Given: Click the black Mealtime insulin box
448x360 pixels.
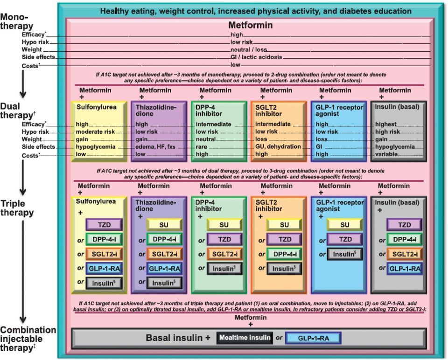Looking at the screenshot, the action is (245, 338).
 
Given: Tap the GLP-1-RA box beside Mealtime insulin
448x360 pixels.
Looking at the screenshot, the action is (313, 338).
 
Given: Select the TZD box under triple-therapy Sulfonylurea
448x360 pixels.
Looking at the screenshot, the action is (104, 225).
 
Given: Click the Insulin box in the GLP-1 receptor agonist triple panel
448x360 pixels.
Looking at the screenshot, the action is (345, 254).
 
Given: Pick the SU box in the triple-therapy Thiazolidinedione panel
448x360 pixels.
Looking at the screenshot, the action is (164, 225).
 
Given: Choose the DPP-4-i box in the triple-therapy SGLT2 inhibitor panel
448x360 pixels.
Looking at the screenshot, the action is (285, 254).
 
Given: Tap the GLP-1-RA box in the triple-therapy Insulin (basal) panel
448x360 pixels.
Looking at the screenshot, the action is (405, 269).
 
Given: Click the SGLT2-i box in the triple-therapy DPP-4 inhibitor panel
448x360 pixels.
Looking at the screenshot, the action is (224, 254).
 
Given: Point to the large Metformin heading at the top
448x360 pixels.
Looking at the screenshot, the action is (251, 25).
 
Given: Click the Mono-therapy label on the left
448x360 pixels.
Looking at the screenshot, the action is (17, 21).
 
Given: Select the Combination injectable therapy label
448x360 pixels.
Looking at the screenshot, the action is (28, 339).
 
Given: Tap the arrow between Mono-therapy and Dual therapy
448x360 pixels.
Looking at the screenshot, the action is (23, 84).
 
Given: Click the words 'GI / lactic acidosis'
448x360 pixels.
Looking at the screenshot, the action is (256, 57).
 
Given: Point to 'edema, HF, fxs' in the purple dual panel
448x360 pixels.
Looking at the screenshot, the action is (155, 147).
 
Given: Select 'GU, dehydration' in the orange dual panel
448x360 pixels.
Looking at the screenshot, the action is (278, 146).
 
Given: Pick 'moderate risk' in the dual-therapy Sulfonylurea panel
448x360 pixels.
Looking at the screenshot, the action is (95, 132).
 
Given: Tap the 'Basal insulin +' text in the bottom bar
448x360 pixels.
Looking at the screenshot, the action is (178, 338).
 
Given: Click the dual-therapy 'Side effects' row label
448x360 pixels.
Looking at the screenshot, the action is (38, 147).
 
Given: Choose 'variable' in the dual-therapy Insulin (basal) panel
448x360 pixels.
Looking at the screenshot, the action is (386, 154).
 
